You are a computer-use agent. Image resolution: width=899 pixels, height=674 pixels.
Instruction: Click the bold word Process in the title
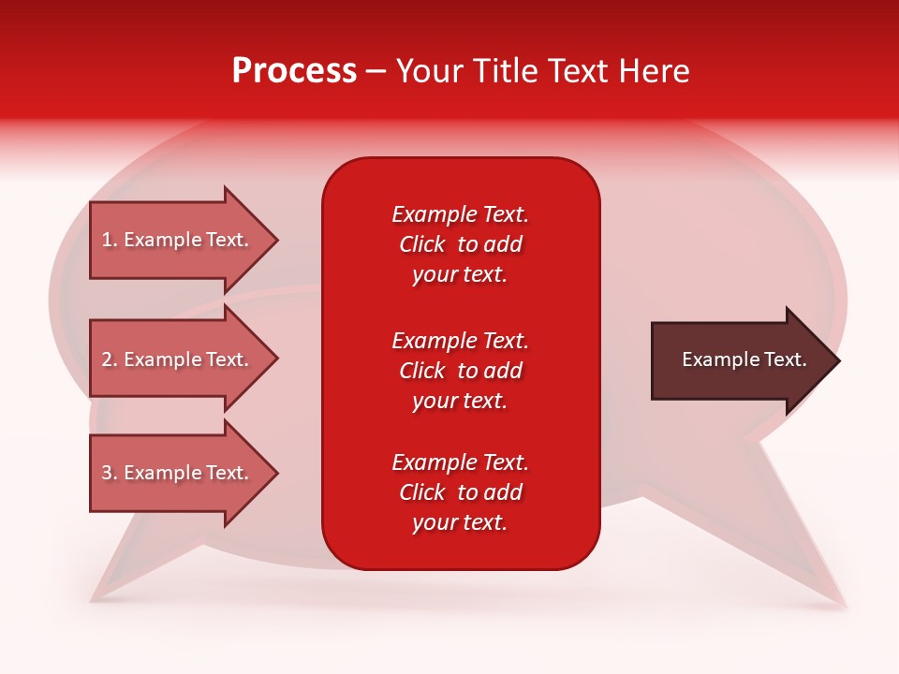pyautogui.click(x=294, y=71)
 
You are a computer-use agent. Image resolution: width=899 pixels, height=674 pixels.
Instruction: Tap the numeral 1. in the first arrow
pyautogui.click(x=110, y=240)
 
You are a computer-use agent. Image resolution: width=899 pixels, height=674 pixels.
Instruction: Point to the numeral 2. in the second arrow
pyautogui.click(x=110, y=359)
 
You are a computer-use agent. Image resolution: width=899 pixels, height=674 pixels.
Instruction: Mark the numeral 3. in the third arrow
pyautogui.click(x=110, y=473)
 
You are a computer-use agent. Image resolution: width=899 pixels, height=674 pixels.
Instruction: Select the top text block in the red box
pyautogui.click(x=460, y=244)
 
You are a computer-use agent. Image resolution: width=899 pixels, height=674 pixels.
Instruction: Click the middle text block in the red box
pyautogui.click(x=460, y=371)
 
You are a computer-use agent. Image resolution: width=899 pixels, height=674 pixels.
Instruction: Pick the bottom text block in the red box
pyautogui.click(x=460, y=492)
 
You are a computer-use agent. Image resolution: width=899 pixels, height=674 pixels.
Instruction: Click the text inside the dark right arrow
pyautogui.click(x=744, y=359)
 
